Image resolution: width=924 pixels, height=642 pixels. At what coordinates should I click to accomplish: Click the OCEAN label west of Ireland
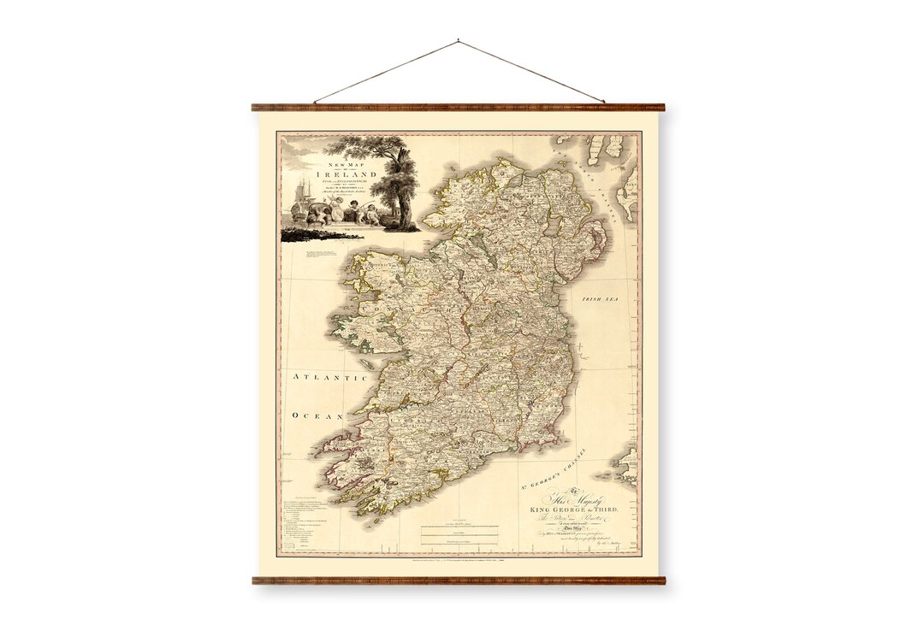316,415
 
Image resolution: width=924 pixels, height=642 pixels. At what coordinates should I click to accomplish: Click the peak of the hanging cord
459,39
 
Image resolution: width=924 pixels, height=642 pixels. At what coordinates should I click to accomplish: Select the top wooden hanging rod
459,108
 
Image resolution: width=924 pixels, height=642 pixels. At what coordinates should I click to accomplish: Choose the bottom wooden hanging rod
459,580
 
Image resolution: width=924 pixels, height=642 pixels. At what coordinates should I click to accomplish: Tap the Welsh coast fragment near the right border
627,466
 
